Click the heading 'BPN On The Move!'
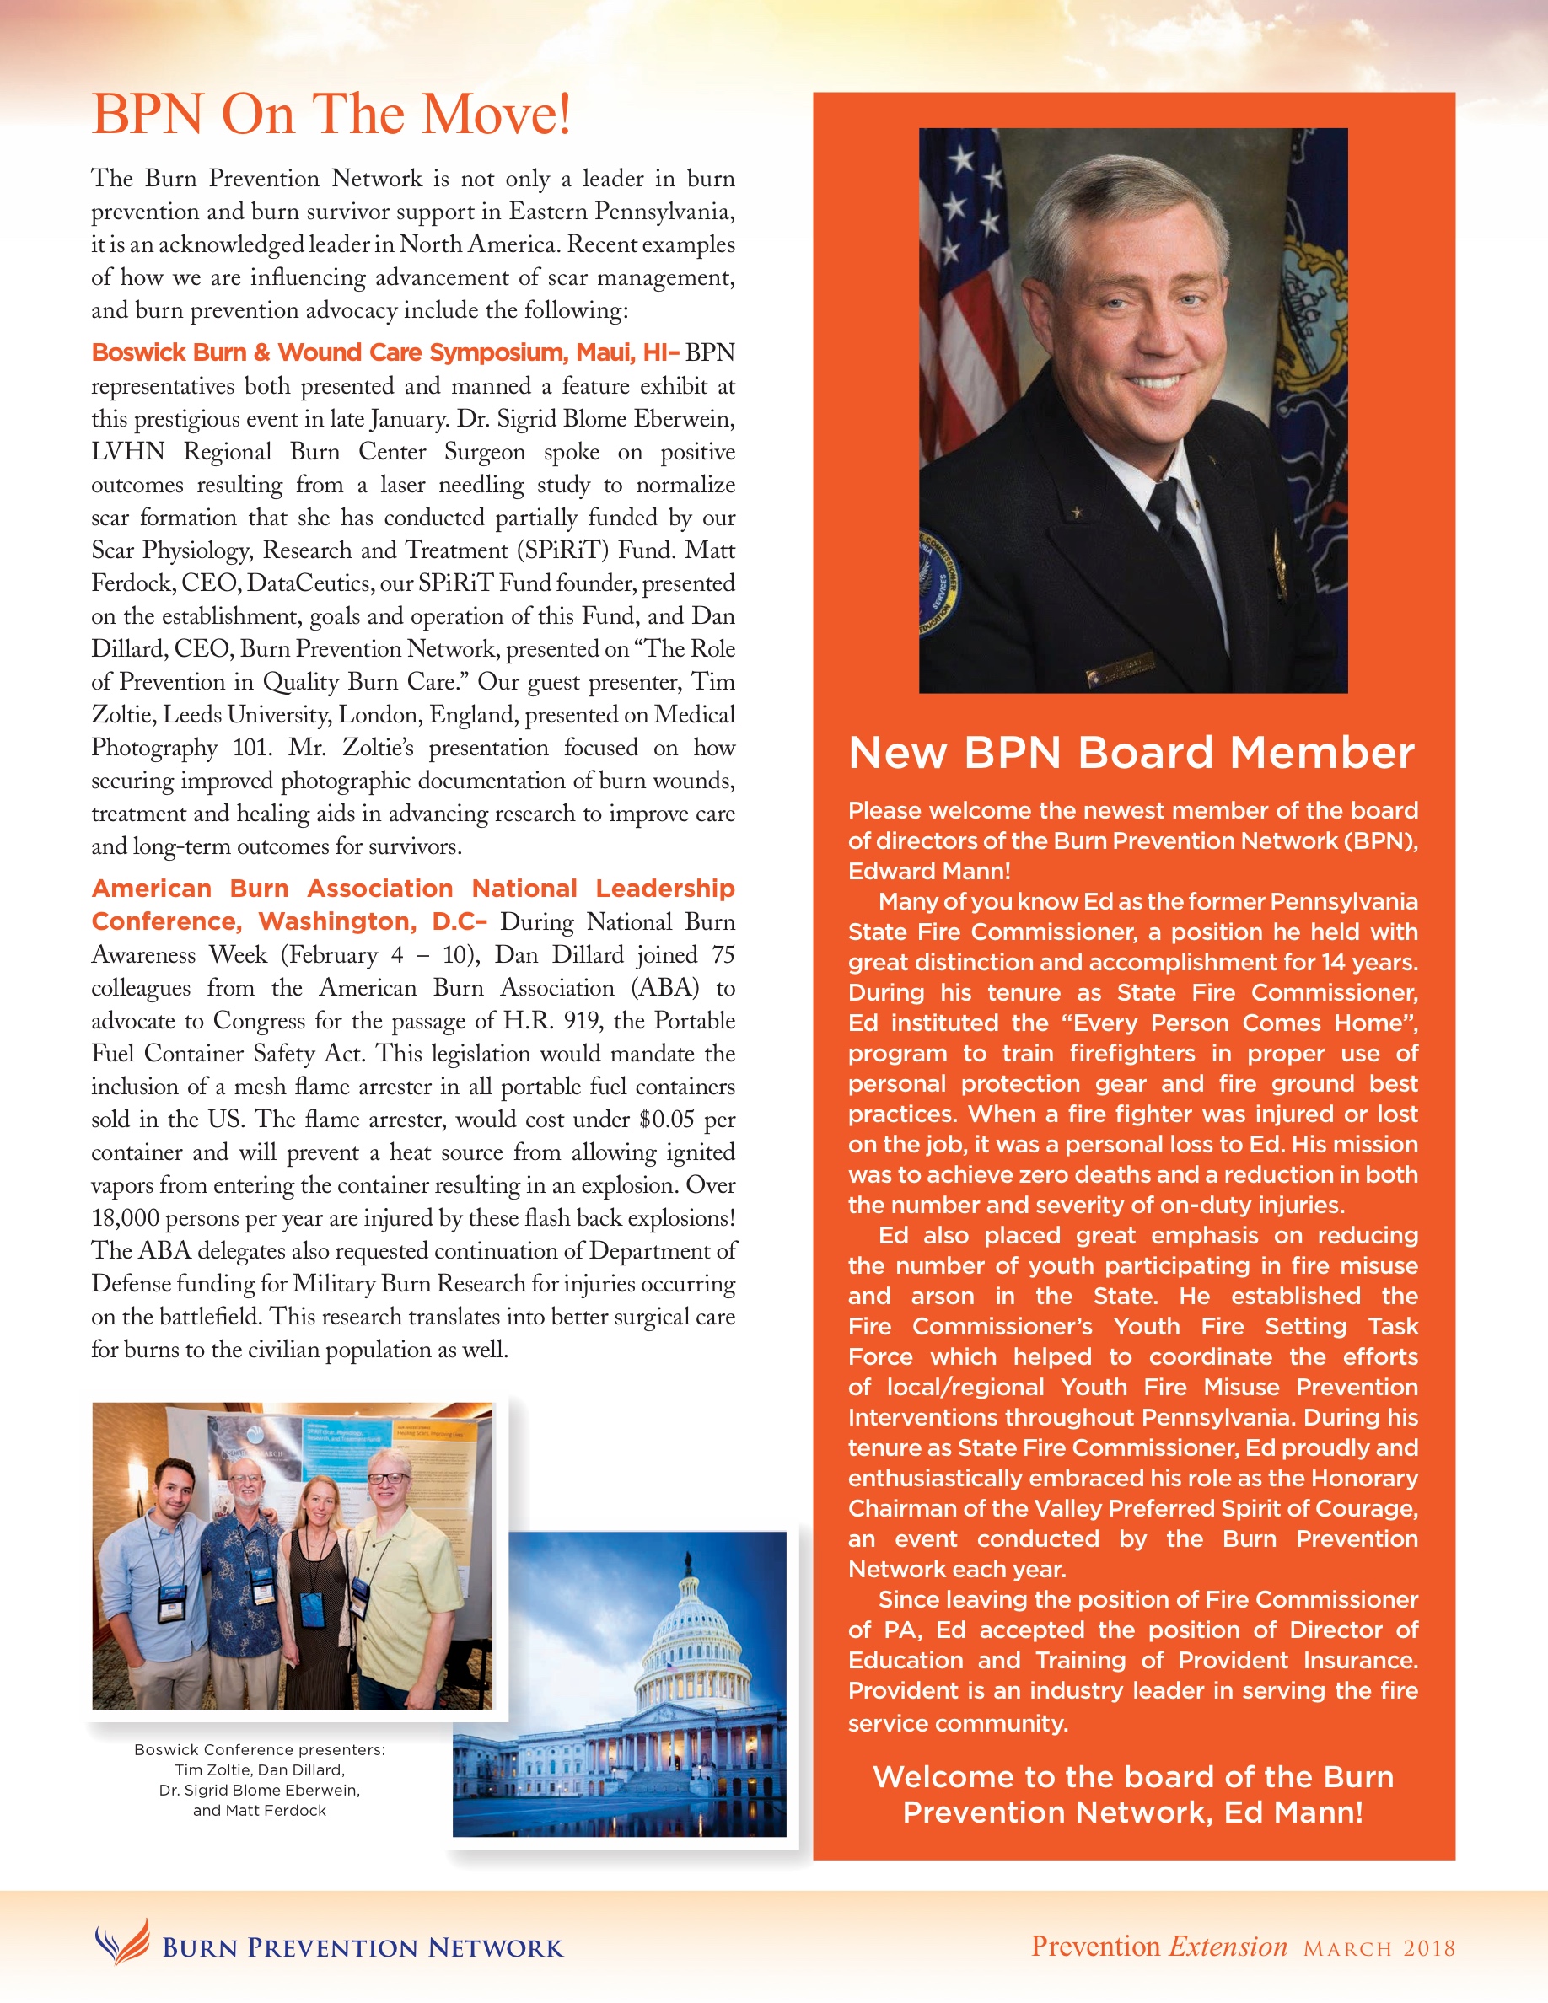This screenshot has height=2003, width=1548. pyautogui.click(x=331, y=115)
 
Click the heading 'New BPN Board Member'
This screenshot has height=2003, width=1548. pyautogui.click(x=1131, y=753)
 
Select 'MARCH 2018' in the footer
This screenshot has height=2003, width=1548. pyautogui.click(x=1379, y=1949)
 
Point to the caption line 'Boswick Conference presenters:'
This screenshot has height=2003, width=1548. pyautogui.click(x=260, y=1750)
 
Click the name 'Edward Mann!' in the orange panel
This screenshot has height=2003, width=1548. pyautogui.click(x=929, y=872)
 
